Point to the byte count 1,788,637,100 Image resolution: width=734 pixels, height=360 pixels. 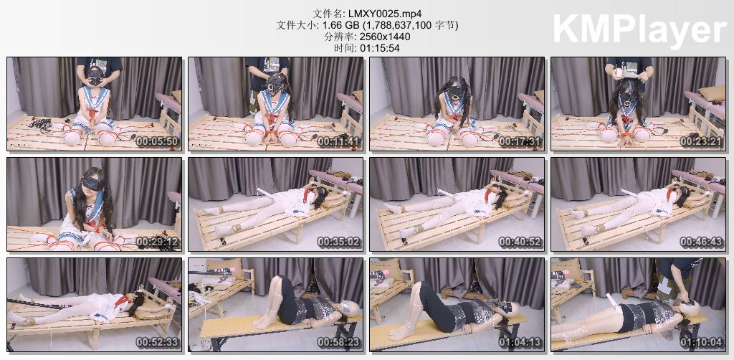pyautogui.click(x=404, y=25)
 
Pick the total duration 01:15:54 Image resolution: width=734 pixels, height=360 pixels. pyautogui.click(x=380, y=48)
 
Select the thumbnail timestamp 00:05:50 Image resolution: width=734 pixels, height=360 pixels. pyautogui.click(x=157, y=142)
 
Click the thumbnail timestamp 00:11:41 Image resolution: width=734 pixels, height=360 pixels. pyautogui.click(x=338, y=142)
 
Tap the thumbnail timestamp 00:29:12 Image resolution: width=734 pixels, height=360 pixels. pyautogui.click(x=157, y=242)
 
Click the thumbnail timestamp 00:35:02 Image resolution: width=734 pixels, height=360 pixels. pyautogui.click(x=338, y=242)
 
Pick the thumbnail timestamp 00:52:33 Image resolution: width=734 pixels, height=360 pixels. pyautogui.click(x=157, y=342)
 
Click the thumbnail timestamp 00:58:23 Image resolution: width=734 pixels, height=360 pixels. pyautogui.click(x=338, y=342)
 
